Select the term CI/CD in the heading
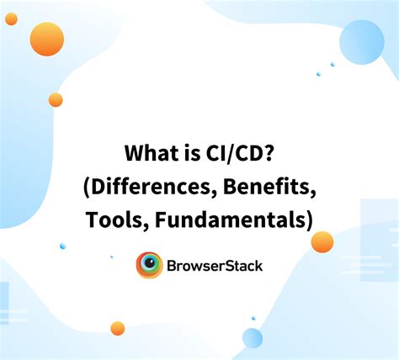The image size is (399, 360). coord(235,154)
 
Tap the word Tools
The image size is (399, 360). coord(110,220)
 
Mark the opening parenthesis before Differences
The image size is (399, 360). coord(88,188)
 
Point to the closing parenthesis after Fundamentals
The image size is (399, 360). coord(309,220)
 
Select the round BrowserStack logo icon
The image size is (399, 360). coord(149,266)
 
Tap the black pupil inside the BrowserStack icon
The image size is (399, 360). coord(150,265)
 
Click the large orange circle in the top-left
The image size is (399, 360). coord(47,40)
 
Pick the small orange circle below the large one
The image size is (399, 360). coord(56,100)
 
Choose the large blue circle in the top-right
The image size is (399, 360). coord(362,41)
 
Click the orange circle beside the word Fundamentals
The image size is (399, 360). coord(322,242)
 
